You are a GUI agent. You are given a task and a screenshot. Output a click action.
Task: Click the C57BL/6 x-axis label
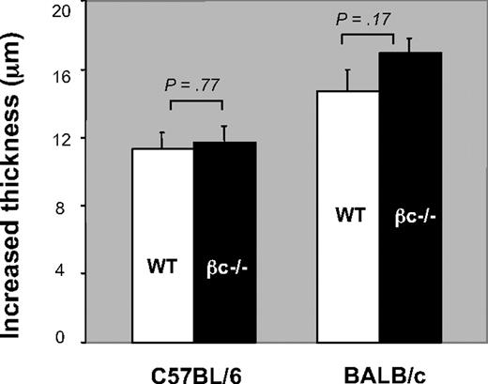coord(192,365)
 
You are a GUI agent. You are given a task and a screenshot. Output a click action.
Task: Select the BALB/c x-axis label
coord(380,365)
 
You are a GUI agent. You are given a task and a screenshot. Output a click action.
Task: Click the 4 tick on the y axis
coord(66,273)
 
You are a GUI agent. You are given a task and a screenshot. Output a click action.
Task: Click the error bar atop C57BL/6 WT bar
coord(161,140)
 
